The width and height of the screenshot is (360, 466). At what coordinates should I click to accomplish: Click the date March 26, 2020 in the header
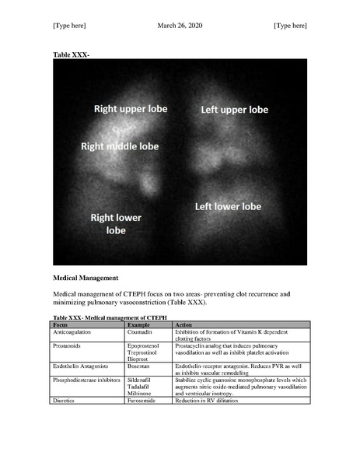coord(180,26)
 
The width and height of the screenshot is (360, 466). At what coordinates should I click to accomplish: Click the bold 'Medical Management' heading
coord(86,277)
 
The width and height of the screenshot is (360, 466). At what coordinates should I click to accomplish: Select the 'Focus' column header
coord(60,324)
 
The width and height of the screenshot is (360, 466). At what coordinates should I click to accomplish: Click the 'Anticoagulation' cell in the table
coord(72,331)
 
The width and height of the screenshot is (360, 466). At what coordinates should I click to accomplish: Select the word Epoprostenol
coord(147,345)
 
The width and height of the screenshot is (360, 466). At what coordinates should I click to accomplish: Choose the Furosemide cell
coord(144,400)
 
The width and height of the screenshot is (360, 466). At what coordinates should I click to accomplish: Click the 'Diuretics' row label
coord(64,400)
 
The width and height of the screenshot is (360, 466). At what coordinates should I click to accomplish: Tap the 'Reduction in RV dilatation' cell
coord(211,400)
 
